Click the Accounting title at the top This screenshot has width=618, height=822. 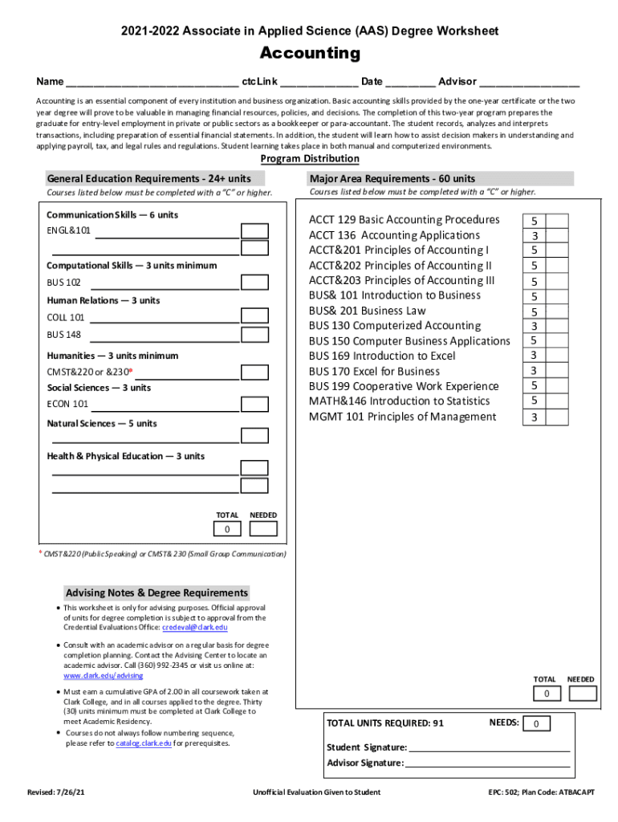pos(309,54)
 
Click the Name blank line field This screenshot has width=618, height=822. pos(152,82)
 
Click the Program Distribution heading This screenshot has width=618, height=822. pos(309,159)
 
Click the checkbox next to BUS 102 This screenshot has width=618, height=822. pos(255,283)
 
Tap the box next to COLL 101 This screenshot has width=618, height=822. pos(255,317)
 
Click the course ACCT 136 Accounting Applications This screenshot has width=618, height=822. pos(394,235)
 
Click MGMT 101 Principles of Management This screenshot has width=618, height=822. pos(402,417)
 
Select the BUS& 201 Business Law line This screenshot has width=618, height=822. pos(368,311)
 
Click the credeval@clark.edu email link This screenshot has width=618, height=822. pos(195,628)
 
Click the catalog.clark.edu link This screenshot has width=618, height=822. pos(144,743)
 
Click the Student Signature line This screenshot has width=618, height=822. pos(489,747)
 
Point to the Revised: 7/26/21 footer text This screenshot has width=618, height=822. pos(55,792)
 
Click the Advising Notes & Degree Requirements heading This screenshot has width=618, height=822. pos(157,593)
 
